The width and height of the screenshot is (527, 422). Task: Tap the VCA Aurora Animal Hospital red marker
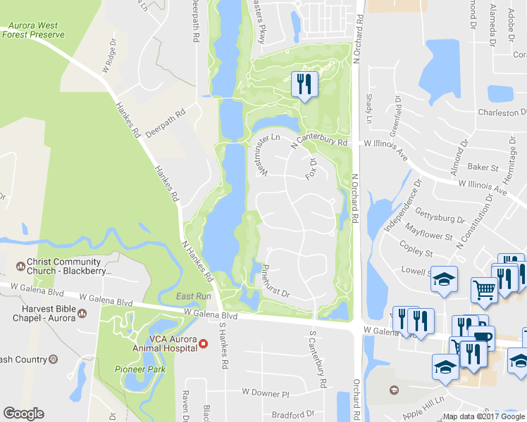point(204,344)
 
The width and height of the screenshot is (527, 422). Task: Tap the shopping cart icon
point(484,289)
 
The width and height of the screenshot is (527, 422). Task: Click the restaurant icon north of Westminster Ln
point(304,85)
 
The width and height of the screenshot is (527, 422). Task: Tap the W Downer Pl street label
point(266,391)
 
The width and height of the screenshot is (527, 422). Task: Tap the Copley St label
point(416,251)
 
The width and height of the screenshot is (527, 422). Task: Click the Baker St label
point(483,168)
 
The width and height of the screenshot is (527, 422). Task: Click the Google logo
point(23,414)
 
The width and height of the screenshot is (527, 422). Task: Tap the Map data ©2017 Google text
point(484,416)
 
